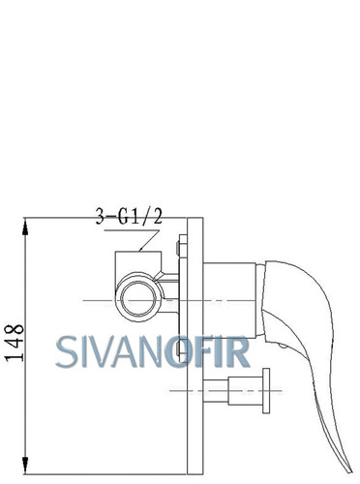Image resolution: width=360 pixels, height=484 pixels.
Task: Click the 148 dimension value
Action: pyautogui.click(x=15, y=343)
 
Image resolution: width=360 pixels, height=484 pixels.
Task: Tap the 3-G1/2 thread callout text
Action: pyautogui.click(x=129, y=216)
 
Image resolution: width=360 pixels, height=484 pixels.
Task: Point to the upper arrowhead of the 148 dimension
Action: pyautogui.click(x=25, y=227)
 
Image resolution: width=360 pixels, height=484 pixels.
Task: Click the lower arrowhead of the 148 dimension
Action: pyautogui.click(x=25, y=465)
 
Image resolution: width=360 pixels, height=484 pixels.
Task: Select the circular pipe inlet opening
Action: pyautogui.click(x=138, y=298)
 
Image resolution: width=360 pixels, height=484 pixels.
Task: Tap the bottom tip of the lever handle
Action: pyautogui.click(x=350, y=471)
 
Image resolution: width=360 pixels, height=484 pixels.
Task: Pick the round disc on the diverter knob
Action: pyautogui.click(x=266, y=390)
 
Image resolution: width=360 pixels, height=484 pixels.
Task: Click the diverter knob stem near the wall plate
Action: pyautogui.click(x=216, y=391)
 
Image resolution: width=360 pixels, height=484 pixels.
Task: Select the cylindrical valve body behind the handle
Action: pyautogui.click(x=229, y=299)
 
